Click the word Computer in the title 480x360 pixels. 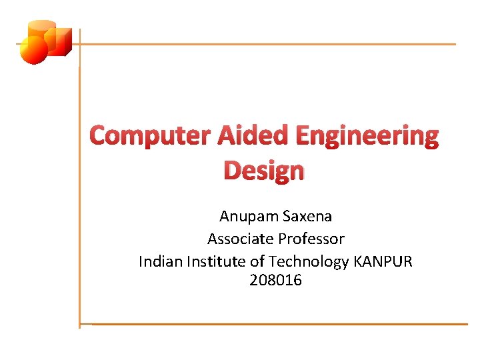[x=150, y=136]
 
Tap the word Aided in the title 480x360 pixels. [x=252, y=136]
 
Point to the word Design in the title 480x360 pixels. [x=264, y=171]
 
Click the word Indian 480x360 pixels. [x=159, y=261]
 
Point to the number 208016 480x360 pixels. [x=275, y=281]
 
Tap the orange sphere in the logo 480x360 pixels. [x=33, y=50]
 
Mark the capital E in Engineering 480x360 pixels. [x=303, y=136]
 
